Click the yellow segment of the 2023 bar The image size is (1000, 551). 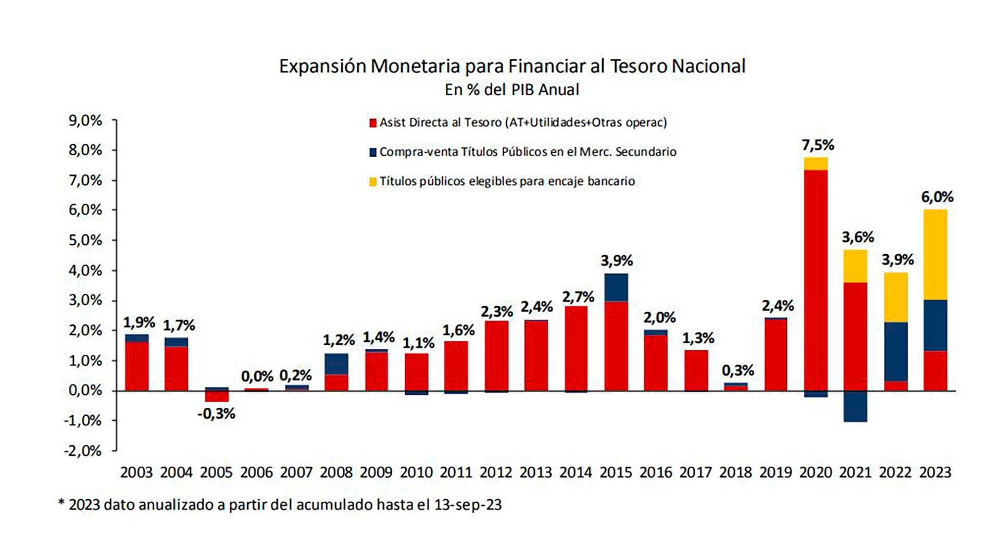click(x=935, y=254)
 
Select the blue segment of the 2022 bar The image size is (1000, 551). click(x=895, y=352)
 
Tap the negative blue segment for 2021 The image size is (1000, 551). click(x=855, y=406)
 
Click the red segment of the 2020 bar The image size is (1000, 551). click(x=815, y=281)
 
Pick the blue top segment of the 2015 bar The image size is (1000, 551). click(x=616, y=287)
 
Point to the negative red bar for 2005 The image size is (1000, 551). click(x=217, y=397)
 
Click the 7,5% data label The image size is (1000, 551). click(x=818, y=145)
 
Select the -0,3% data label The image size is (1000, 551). click(x=217, y=414)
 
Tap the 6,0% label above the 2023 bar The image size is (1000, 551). click(x=937, y=197)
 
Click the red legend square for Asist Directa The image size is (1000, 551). click(x=372, y=123)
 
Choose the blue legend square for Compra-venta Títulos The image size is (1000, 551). click(x=372, y=152)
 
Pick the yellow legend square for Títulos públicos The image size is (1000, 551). click(x=372, y=182)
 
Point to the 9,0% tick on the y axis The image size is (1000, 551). click(x=85, y=121)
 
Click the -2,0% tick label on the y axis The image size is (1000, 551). click(x=83, y=450)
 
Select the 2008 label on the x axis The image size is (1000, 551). click(x=336, y=472)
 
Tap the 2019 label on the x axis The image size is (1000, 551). click(x=776, y=472)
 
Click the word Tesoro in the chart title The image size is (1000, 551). click(x=638, y=66)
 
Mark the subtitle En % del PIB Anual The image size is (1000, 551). click(x=511, y=90)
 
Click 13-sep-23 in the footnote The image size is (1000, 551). click(x=467, y=505)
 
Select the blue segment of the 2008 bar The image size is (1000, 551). click(x=336, y=364)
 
